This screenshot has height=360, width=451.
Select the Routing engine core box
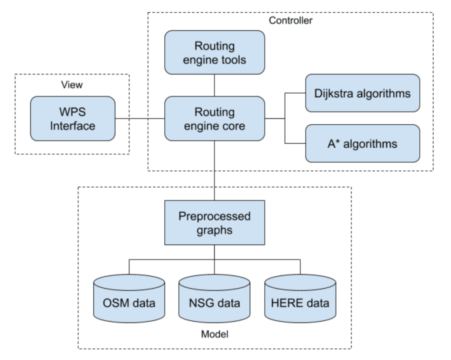pos(214,119)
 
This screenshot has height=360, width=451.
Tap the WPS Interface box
pos(73,119)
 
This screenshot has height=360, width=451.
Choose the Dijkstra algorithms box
pos(362,93)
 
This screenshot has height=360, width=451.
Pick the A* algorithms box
pos(362,144)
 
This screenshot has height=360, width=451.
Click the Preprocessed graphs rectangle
pos(214,223)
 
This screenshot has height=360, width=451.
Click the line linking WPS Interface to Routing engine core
pos(140,119)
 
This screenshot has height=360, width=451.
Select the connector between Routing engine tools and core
pos(214,85)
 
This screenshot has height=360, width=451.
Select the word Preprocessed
pos(214,216)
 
